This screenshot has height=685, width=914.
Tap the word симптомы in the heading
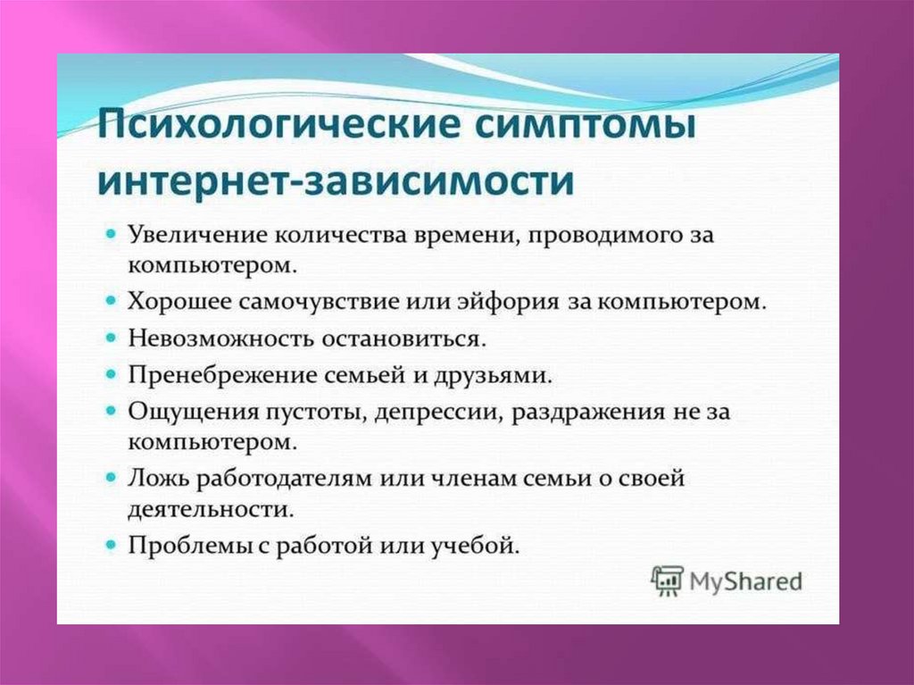pyautogui.click(x=586, y=126)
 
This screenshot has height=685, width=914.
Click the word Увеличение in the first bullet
pyautogui.click(x=196, y=235)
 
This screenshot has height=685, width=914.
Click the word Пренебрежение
pyautogui.click(x=222, y=375)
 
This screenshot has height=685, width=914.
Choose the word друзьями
pyautogui.click(x=494, y=376)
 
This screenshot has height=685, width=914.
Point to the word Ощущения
pyautogui.click(x=193, y=412)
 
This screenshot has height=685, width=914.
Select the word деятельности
pyautogui.click(x=211, y=509)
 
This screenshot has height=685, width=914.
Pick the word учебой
pyautogui.click(x=475, y=547)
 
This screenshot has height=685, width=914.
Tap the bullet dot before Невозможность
pyautogui.click(x=111, y=338)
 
